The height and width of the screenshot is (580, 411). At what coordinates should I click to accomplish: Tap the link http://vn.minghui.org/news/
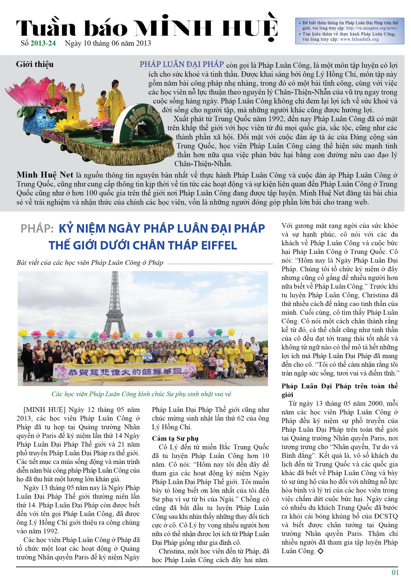(371, 28)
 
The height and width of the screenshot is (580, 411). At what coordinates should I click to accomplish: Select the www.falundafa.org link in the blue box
(359, 39)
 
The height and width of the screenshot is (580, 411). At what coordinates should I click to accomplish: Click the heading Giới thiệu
(35, 64)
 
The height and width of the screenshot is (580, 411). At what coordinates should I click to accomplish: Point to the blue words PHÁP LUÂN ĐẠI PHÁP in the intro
(181, 64)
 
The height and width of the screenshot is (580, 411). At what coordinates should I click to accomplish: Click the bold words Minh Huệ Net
(45, 175)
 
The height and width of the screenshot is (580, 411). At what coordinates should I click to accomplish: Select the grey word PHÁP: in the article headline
(37, 229)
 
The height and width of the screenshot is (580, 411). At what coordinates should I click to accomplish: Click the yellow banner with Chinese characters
(122, 372)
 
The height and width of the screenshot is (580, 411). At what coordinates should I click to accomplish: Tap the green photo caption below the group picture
(141, 394)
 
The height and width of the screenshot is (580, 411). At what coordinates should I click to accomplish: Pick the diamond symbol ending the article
(320, 551)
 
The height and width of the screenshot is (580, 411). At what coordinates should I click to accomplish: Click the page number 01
(395, 572)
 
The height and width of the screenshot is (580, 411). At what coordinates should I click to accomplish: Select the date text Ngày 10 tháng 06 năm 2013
(108, 43)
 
